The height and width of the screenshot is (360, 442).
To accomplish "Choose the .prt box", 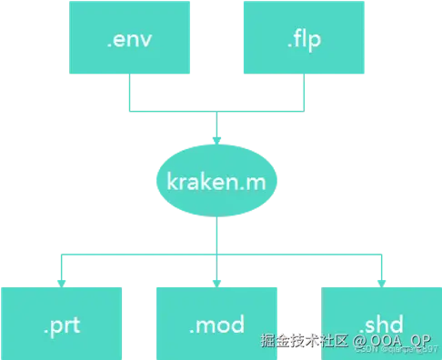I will tap(62, 322).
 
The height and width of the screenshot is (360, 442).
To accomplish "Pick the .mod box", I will tap(216, 322).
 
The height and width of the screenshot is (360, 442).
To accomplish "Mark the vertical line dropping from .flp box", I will tap(303, 95).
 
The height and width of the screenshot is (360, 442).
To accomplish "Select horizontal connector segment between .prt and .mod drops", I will tap(136, 254).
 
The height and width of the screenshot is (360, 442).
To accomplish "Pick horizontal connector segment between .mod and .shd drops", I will tap(300, 254).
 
